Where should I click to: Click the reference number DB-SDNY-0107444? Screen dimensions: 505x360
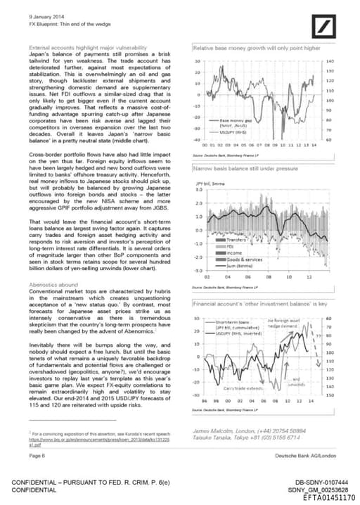pos(321,482)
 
